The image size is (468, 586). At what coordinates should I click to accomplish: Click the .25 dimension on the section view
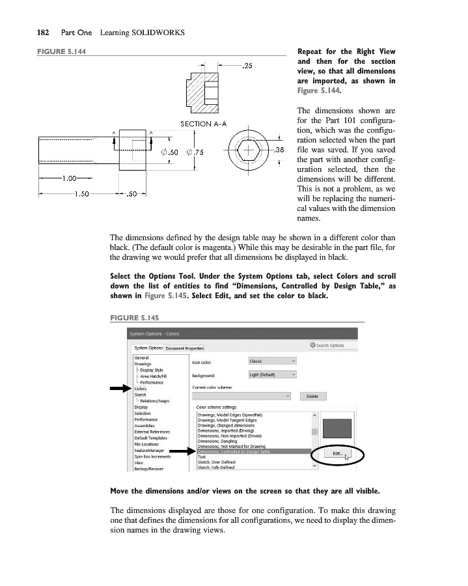tap(248, 65)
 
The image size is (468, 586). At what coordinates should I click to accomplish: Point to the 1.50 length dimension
tap(81, 193)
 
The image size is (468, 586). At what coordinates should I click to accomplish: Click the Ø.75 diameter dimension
tap(196, 152)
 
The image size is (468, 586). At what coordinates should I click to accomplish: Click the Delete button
tap(312, 396)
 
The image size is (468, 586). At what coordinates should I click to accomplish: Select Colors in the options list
tap(140, 389)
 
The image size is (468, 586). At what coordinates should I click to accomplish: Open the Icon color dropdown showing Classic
tap(272, 361)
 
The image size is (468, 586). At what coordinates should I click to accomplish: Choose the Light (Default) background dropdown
tap(272, 374)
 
